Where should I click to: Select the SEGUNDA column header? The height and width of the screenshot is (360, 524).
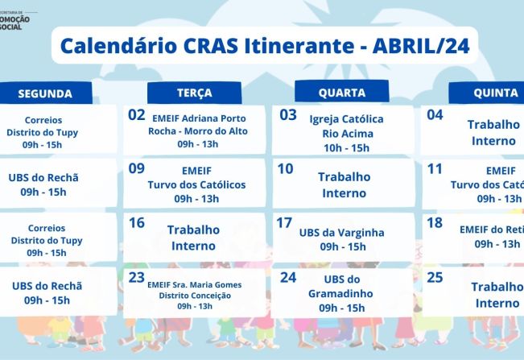click(45, 93)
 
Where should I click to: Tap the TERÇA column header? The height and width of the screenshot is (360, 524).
click(195, 93)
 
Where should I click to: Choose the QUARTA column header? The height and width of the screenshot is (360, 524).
click(342, 93)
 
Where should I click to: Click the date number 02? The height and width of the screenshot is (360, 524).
click(137, 115)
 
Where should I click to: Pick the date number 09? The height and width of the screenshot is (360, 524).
click(137, 168)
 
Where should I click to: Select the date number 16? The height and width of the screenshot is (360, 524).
click(137, 222)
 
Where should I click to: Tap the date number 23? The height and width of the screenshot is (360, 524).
click(137, 275)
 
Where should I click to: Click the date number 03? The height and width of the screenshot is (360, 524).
click(288, 115)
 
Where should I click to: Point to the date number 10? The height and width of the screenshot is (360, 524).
click(285, 168)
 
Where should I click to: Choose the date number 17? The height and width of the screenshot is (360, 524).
click(284, 222)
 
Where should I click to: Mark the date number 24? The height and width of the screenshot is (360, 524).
click(288, 276)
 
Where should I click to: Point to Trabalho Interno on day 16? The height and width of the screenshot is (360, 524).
click(193, 238)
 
